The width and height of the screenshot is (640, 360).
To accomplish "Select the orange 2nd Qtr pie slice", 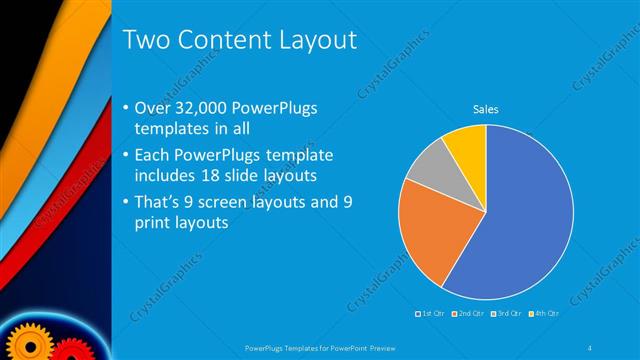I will [x=429, y=235].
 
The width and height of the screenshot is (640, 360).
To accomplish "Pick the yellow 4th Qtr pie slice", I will [x=467, y=144].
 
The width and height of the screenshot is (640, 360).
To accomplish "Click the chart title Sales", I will [x=486, y=109].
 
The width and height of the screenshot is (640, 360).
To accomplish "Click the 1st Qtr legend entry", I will [x=433, y=315].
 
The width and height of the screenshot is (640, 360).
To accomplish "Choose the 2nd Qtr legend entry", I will [x=468, y=315].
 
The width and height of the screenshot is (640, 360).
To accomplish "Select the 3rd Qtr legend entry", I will [x=503, y=315].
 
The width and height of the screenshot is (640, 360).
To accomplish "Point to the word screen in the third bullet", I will [x=240, y=203].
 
